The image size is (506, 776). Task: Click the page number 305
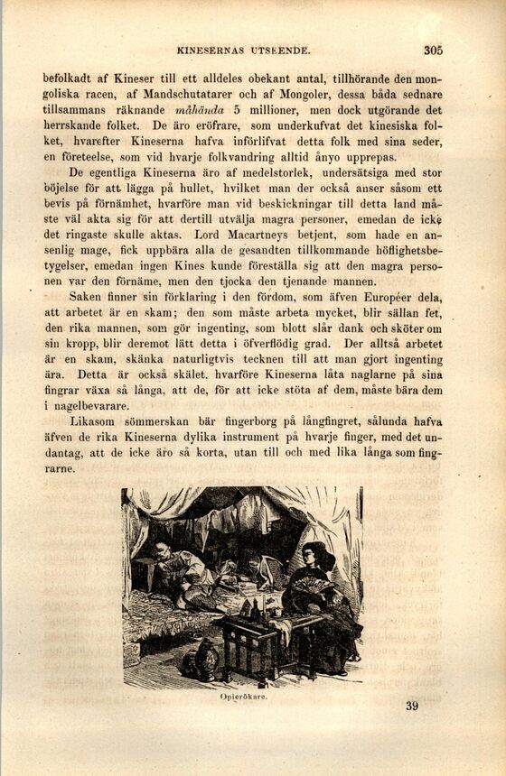pos(433,51)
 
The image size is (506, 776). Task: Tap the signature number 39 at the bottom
pos(412,706)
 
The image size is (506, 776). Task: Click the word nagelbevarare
pos(89,406)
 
